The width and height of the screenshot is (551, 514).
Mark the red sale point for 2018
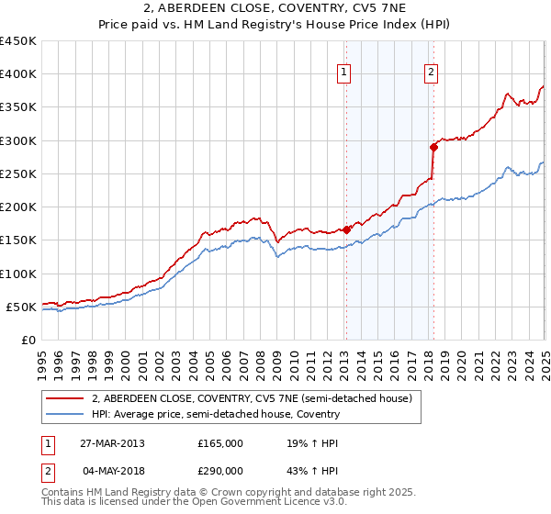point(433,147)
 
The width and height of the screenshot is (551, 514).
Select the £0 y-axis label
point(28,340)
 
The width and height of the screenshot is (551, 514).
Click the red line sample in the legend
point(65,398)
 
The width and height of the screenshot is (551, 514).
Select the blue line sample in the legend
point(65,414)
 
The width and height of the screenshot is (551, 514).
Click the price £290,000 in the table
point(220,471)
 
